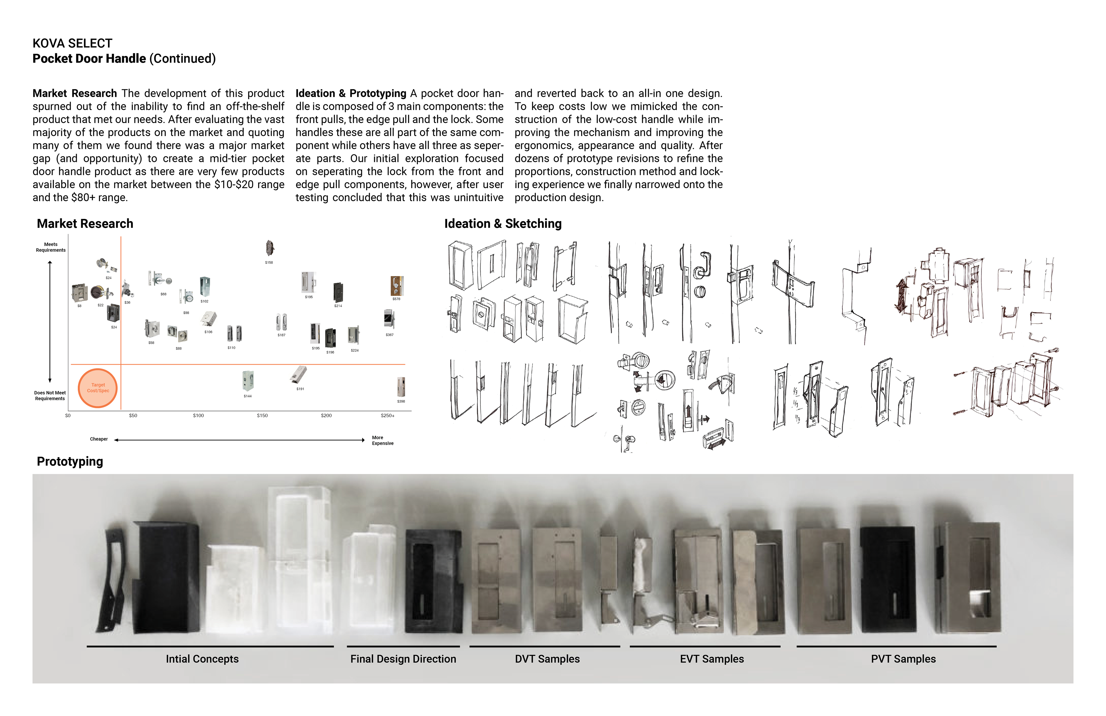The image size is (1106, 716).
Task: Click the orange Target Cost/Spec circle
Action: tap(98, 388)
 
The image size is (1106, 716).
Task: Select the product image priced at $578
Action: tap(396, 286)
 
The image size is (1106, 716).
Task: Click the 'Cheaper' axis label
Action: tap(99, 439)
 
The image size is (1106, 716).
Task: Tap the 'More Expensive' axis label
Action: tap(382, 440)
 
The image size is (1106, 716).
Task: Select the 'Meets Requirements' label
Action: tap(51, 247)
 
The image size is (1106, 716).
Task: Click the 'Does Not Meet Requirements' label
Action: tap(50, 396)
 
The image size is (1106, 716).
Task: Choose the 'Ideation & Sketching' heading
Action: tap(503, 224)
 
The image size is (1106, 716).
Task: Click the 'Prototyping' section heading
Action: tap(70, 461)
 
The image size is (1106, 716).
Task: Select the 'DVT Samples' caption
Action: tap(547, 659)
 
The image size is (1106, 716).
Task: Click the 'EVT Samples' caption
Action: tap(711, 659)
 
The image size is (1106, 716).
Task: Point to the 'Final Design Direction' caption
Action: tap(403, 659)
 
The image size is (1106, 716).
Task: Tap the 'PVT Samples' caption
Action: tap(903, 659)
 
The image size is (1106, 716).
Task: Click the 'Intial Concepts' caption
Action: tap(202, 659)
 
